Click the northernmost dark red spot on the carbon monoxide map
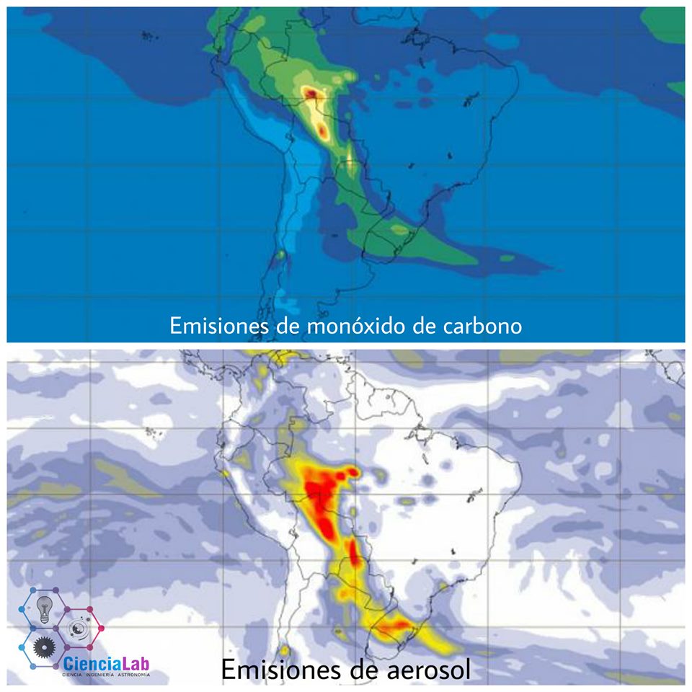pyautogui.click(x=311, y=92)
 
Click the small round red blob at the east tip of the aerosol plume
pyautogui.click(x=353, y=472)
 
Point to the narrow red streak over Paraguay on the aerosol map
pyautogui.click(x=354, y=554)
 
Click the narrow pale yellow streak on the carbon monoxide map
pyautogui.click(x=351, y=160)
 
